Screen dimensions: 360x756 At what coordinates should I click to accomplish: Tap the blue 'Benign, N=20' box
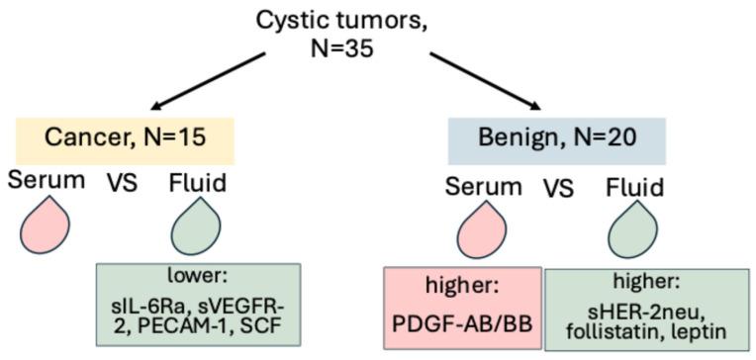[556, 139]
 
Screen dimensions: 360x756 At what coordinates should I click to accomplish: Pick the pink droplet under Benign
[481, 226]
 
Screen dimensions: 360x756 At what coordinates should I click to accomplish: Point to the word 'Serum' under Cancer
[43, 180]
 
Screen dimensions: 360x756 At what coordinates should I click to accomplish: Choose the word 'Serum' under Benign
[483, 186]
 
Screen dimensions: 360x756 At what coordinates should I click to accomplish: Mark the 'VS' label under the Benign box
[558, 188]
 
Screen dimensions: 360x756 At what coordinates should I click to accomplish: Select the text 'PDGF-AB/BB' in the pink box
[464, 322]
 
